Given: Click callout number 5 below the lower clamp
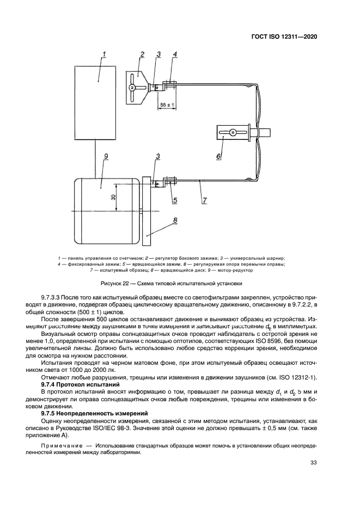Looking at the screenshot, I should pos(175,200).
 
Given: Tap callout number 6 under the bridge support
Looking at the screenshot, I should pos(218,156).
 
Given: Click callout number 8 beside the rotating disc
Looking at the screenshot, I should pos(175,220).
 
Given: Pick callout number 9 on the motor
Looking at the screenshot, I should pos(106,156).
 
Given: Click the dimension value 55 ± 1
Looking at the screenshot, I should pos(166,103).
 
